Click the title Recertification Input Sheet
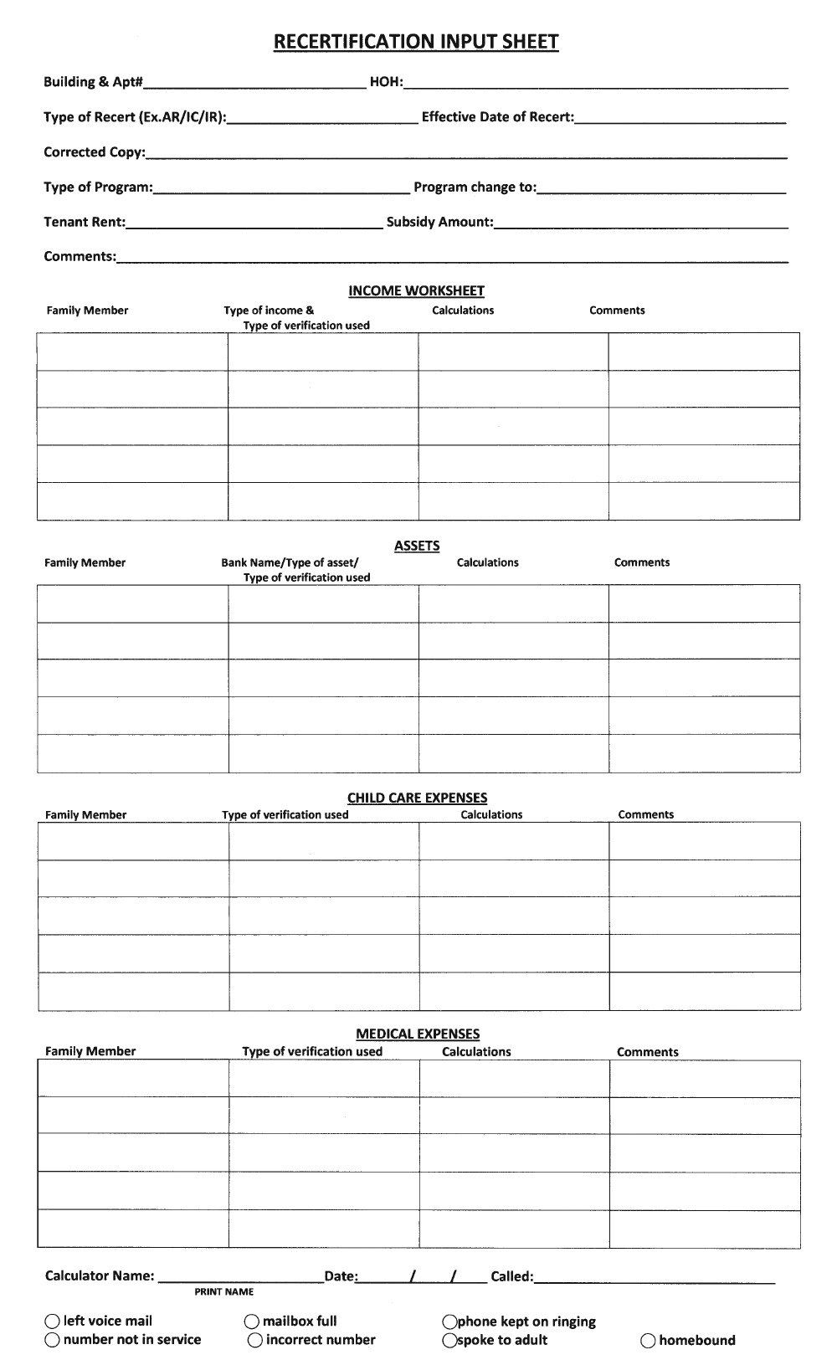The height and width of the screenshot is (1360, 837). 416,42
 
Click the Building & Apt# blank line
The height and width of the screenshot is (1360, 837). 254,83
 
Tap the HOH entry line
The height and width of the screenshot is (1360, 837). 595,83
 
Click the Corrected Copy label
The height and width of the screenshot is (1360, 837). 94,152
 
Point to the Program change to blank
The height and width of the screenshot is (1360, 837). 661,188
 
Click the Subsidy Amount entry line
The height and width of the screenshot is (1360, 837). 640,223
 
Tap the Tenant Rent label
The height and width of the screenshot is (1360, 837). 84,223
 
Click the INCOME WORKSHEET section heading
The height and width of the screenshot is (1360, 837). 416,291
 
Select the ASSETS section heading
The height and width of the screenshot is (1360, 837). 417,546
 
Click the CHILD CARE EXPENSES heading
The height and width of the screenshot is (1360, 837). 417,798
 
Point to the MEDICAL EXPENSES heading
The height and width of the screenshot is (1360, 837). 418,1034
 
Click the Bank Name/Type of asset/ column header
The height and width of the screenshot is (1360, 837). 289,562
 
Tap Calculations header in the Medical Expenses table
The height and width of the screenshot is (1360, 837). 476,1052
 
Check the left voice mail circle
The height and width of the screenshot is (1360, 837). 53,1322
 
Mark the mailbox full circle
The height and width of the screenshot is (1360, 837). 252,1322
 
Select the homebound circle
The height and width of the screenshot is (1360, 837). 648,1341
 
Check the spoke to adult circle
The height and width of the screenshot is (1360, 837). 450,1341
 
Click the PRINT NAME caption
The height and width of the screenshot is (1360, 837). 223,1292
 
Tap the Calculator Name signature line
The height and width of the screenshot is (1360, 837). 240,1278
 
